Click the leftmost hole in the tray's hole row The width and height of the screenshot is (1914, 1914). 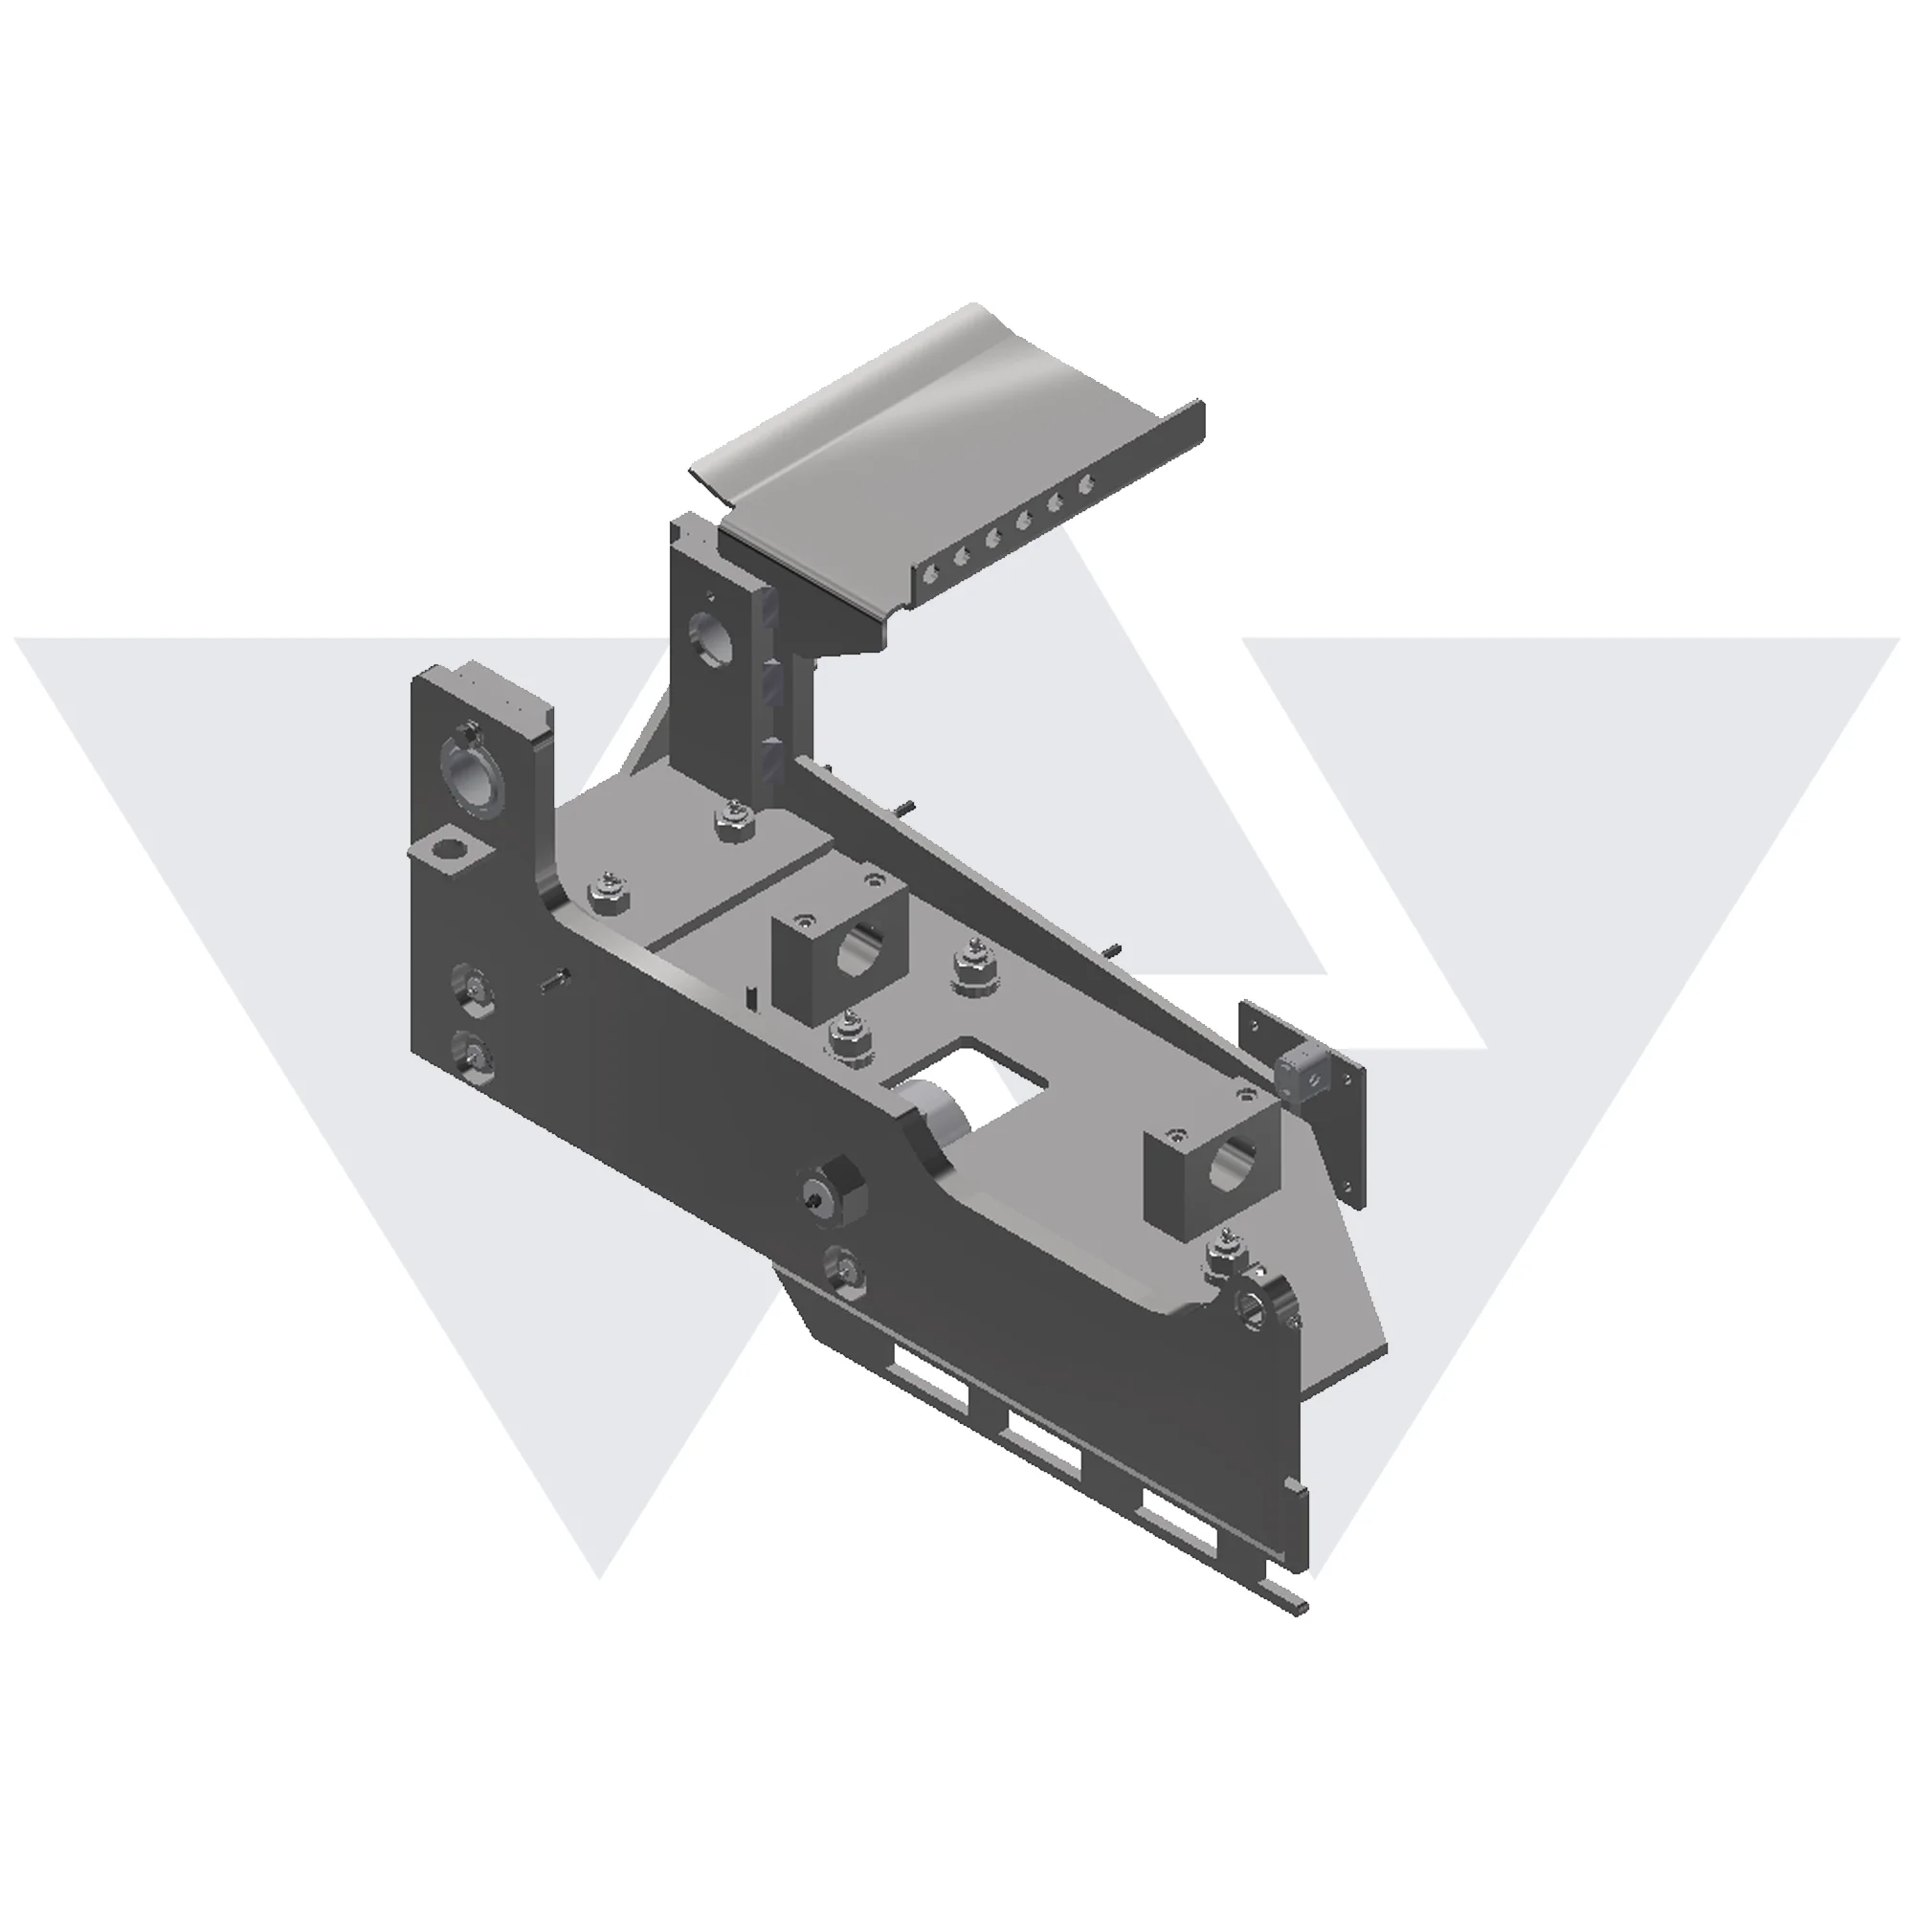928,571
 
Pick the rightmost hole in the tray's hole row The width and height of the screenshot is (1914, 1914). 1087,483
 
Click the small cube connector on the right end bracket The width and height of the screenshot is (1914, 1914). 1301,1075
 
